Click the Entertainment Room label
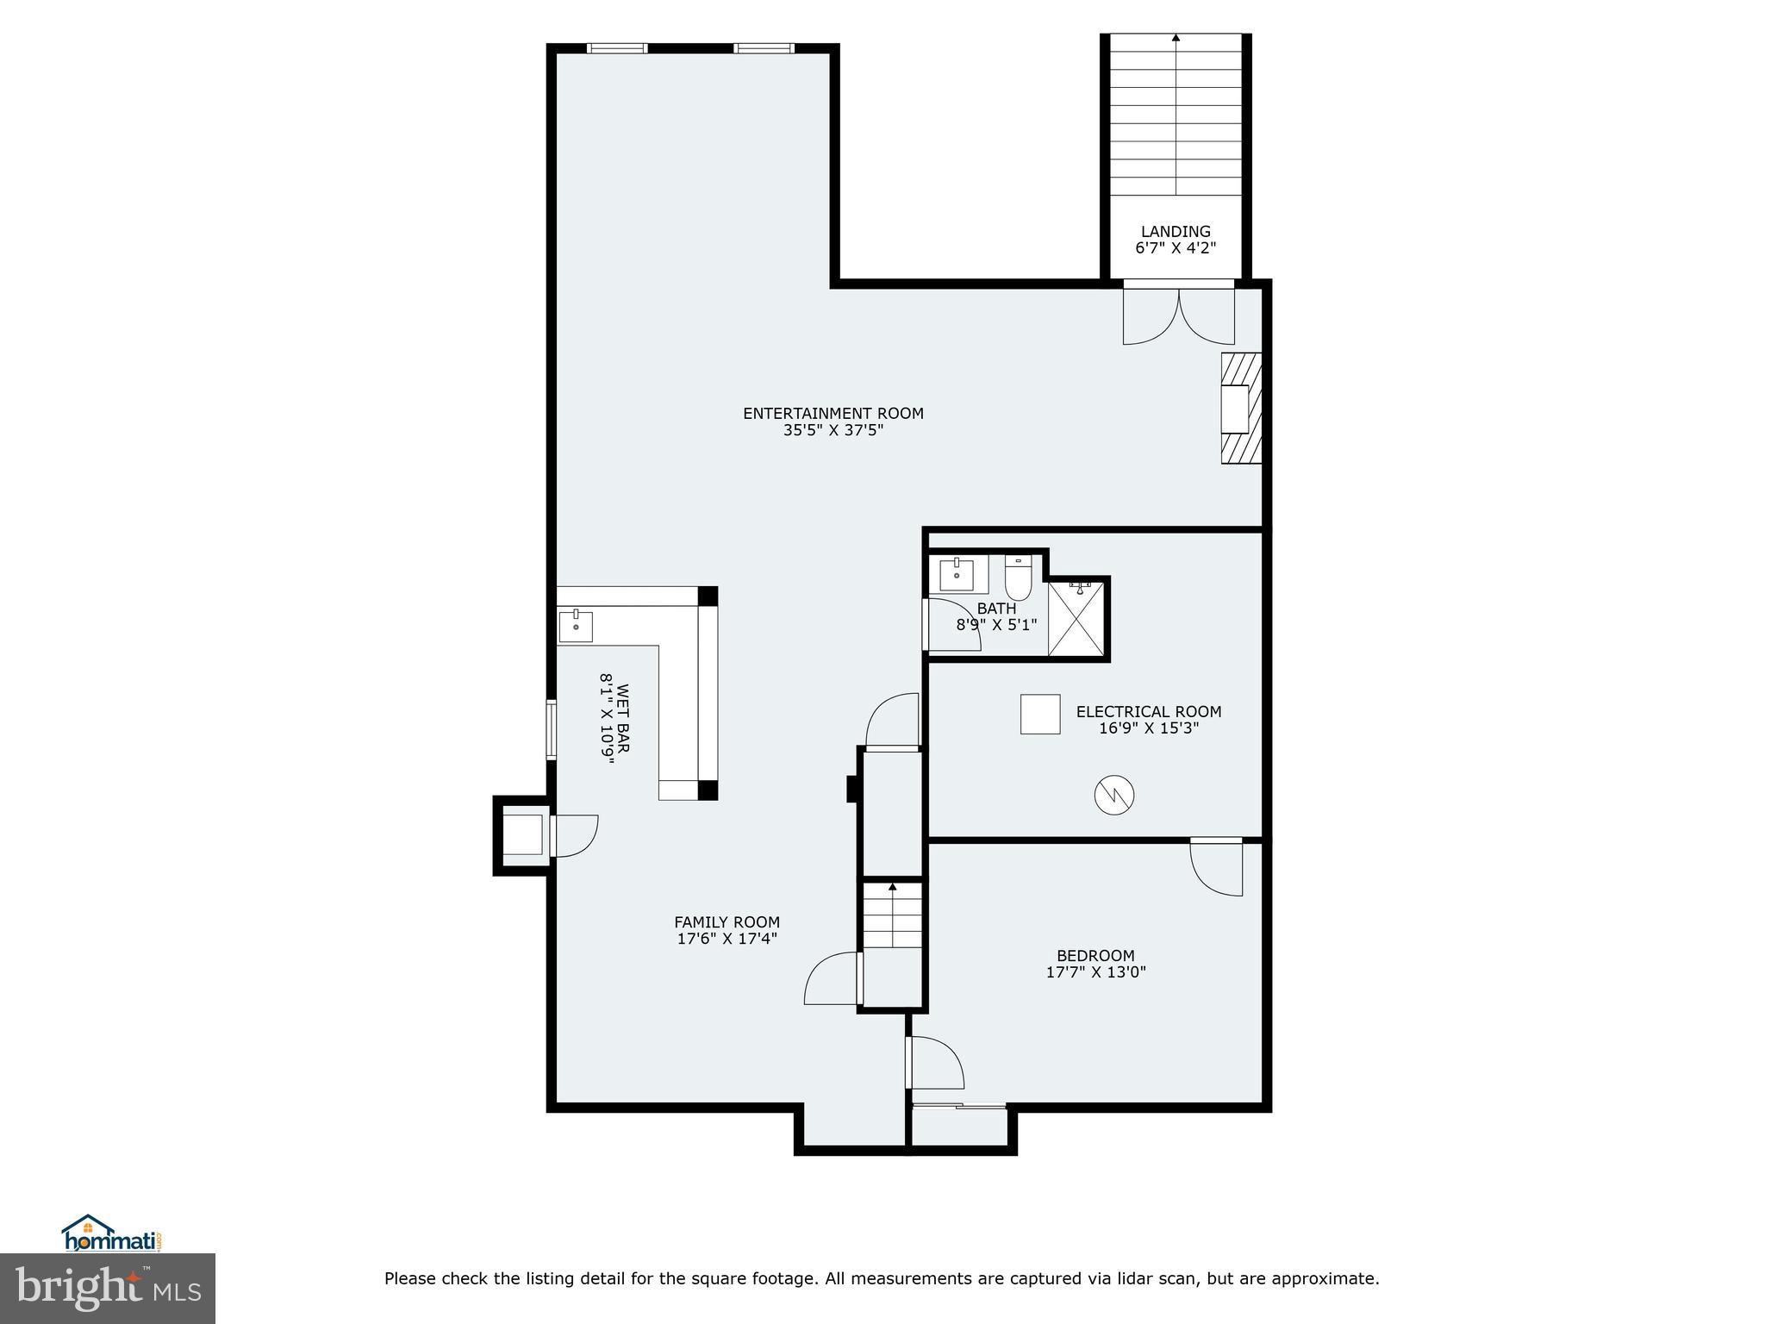pos(833,414)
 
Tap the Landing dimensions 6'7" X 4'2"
pos(1176,248)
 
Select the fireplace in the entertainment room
pos(1240,408)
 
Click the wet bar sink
pos(576,626)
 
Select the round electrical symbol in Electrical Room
pos(1113,794)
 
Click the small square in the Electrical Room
pos(1040,714)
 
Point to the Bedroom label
pos(1095,955)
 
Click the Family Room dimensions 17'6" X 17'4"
pos(727,939)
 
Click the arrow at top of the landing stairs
pos(1176,38)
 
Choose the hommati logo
pos(111,1233)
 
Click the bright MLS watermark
pos(107,1287)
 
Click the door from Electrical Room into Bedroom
pos(1217,865)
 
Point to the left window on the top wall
pos(616,48)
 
